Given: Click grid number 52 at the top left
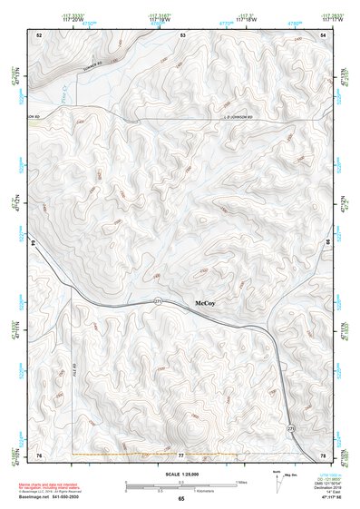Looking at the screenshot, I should click(x=38, y=34).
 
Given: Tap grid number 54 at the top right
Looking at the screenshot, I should click(x=325, y=34).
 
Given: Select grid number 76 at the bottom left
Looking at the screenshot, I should click(x=38, y=454).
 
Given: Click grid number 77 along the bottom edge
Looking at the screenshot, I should click(x=180, y=454).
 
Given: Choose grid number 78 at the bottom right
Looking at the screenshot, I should click(x=325, y=454).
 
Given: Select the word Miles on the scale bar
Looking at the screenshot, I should click(x=241, y=481).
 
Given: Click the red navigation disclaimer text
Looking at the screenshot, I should click(x=50, y=484).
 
